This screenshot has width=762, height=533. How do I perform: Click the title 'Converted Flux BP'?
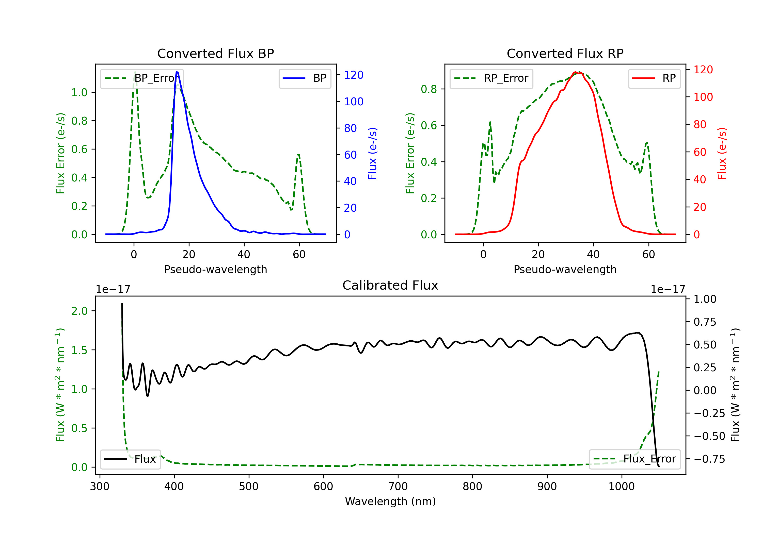215,53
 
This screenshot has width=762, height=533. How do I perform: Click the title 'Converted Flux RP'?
565,53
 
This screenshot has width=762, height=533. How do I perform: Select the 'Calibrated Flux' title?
390,285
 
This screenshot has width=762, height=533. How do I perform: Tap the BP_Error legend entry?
142,78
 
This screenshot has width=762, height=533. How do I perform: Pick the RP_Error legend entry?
491,78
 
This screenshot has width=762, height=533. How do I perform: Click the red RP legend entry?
654,78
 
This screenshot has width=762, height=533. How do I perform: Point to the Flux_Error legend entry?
634,459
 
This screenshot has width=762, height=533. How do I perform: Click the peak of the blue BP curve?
177,72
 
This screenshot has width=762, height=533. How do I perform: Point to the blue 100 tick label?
354,102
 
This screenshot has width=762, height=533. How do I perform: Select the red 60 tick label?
700,152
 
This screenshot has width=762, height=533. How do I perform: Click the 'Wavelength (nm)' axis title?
390,501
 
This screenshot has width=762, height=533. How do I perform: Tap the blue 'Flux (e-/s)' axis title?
373,153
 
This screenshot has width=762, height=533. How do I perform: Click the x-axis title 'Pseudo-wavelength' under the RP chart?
565,269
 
